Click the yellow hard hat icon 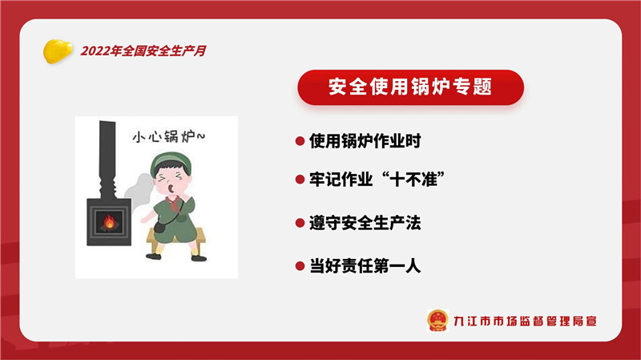pyautogui.click(x=58, y=51)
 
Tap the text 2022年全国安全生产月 pyautogui.click(x=143, y=51)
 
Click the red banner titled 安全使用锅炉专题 pyautogui.click(x=410, y=87)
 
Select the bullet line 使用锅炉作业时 pyautogui.click(x=365, y=141)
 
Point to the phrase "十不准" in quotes pyautogui.click(x=413, y=179)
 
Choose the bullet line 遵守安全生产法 pyautogui.click(x=365, y=223)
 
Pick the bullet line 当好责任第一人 pyautogui.click(x=365, y=266)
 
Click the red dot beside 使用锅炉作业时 pyautogui.click(x=300, y=141)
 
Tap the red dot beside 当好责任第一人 pyautogui.click(x=300, y=266)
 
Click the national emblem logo pyautogui.click(x=437, y=321)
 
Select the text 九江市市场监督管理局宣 pyautogui.click(x=526, y=322)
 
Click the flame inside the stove pyautogui.click(x=110, y=222)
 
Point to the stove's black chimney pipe pyautogui.click(x=107, y=160)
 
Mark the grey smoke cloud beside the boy pyautogui.click(x=138, y=190)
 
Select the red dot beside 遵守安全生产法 pyautogui.click(x=300, y=223)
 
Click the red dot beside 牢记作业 pyautogui.click(x=300, y=179)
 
